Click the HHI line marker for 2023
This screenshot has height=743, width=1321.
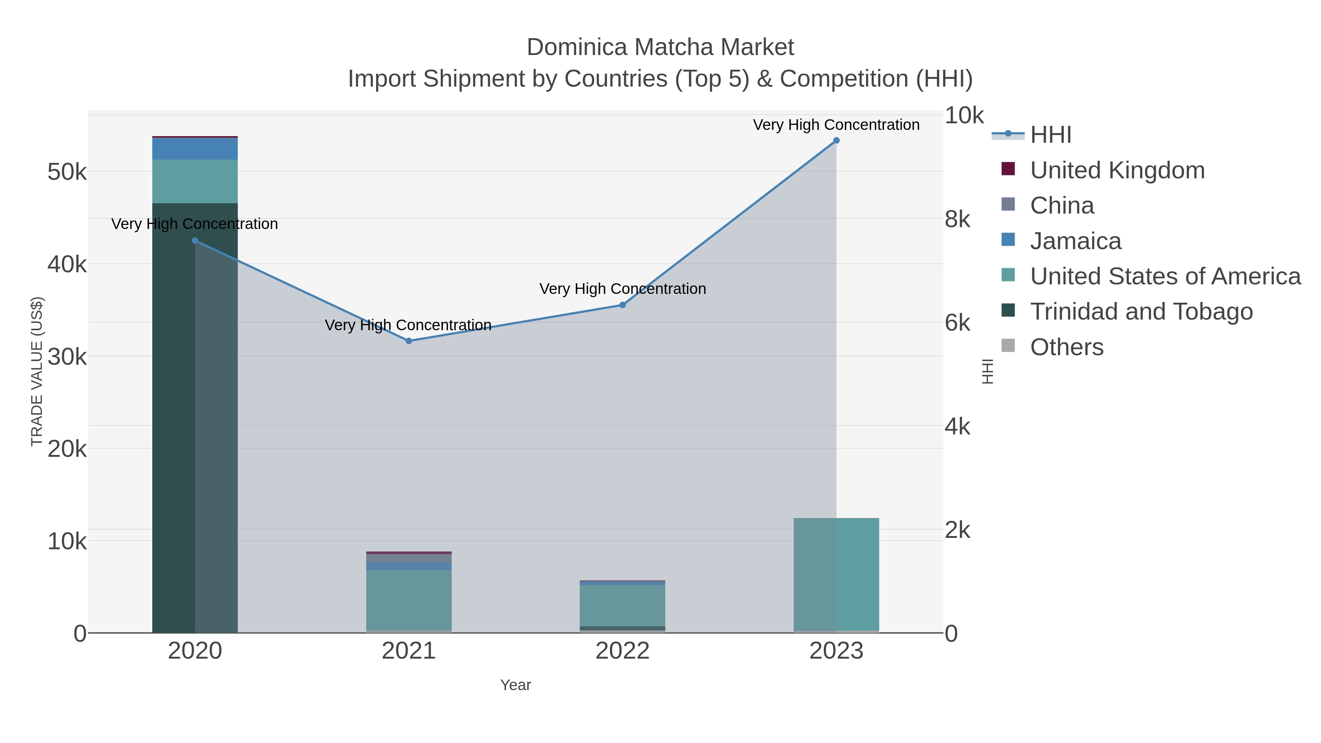pos(836,141)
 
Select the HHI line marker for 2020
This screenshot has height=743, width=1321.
pos(195,240)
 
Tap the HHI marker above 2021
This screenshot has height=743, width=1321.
pos(409,341)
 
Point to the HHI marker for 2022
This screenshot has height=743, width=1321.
pos(623,305)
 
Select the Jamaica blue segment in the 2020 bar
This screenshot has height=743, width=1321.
pos(195,149)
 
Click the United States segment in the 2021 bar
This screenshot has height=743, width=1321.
pos(409,600)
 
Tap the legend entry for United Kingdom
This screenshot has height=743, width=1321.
pos(1117,170)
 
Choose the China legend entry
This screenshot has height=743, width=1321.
pos(1062,205)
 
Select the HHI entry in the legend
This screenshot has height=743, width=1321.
pos(1050,135)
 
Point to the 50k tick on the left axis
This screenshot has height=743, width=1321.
pos(67,172)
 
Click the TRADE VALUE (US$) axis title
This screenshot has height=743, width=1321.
pos(37,371)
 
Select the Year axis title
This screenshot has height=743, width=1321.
pos(516,685)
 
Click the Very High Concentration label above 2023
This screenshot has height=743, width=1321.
pos(836,125)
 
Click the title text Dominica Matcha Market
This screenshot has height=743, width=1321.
pos(660,47)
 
